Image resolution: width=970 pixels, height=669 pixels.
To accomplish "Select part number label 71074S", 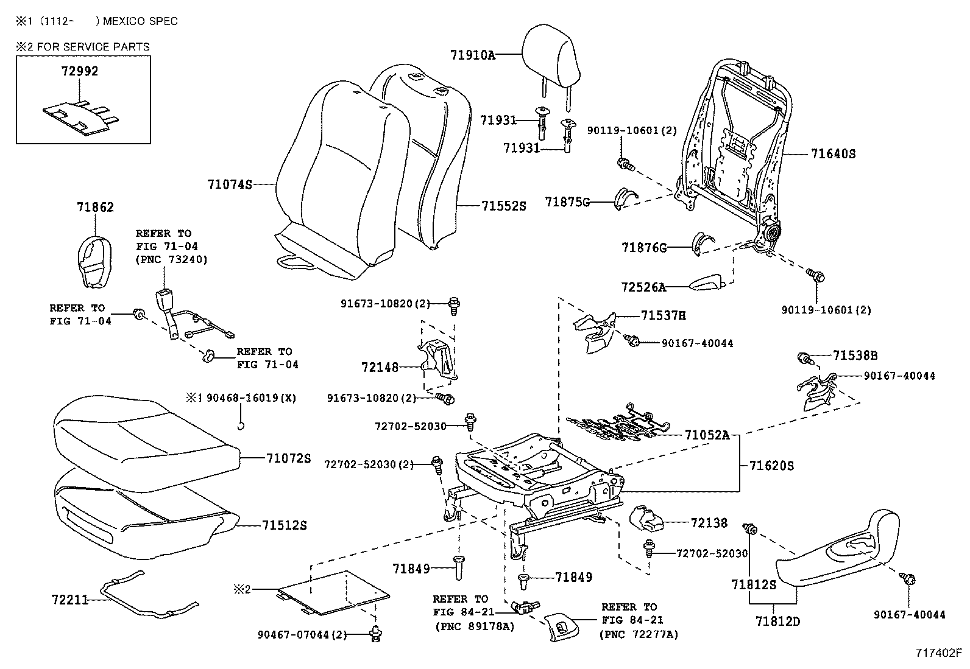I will (x=230, y=184).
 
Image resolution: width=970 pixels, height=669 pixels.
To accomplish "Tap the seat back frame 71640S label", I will (x=832, y=154).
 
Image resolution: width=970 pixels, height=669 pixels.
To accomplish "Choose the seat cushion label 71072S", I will (x=288, y=458).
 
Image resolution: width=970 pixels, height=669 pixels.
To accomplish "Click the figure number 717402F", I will (x=938, y=653).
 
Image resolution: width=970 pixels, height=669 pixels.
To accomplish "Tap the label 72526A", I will (x=643, y=287).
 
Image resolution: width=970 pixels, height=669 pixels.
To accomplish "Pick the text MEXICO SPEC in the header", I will (x=140, y=21).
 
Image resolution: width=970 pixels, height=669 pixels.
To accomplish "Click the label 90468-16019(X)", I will (x=250, y=398).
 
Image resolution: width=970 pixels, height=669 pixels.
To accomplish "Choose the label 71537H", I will (x=663, y=315).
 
